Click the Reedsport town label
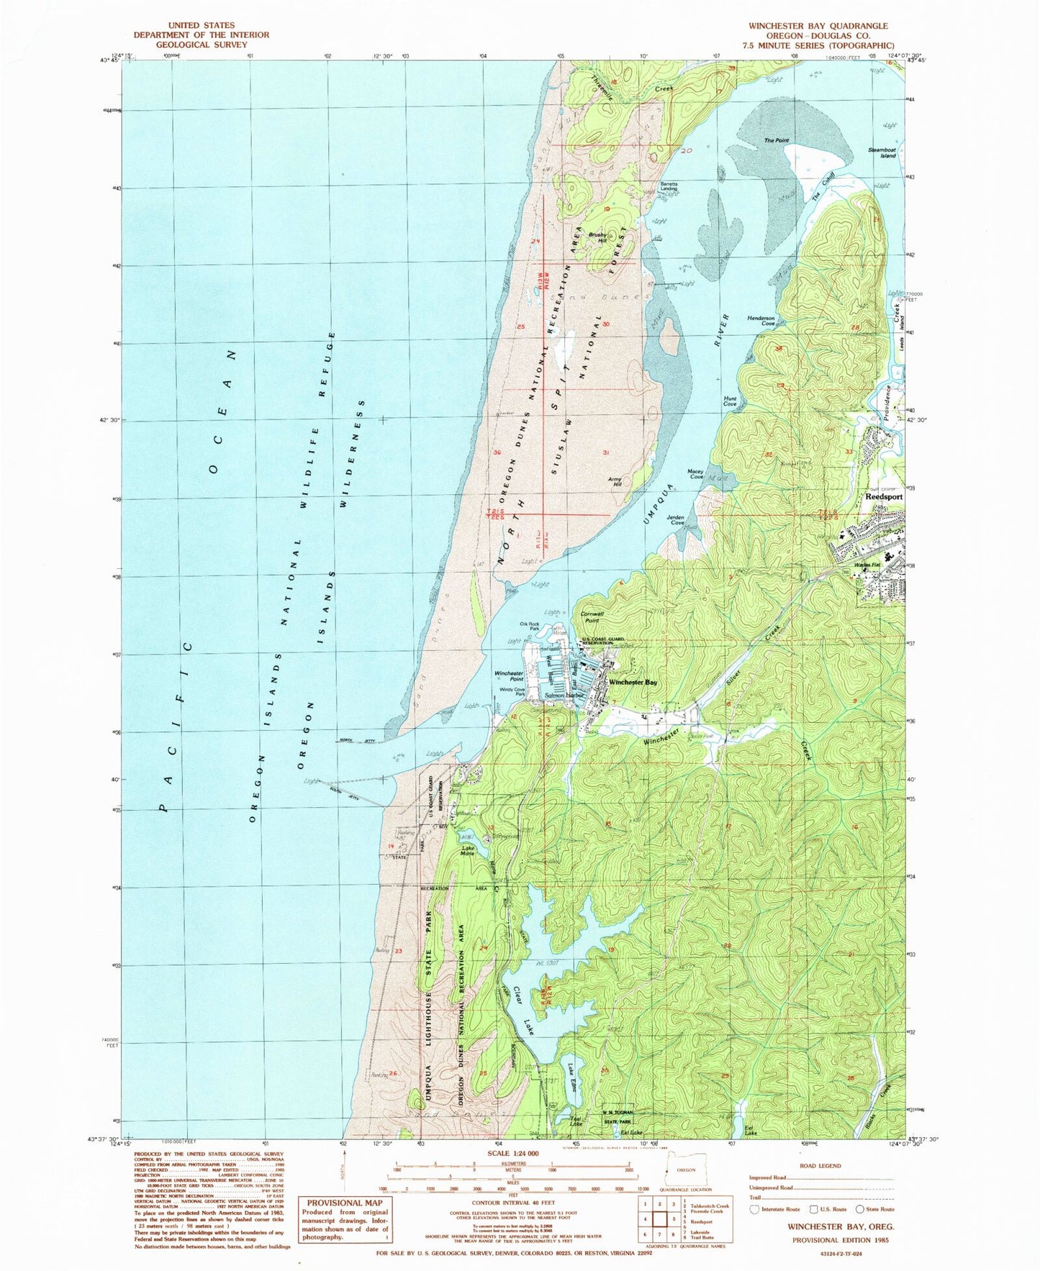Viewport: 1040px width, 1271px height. tap(883, 497)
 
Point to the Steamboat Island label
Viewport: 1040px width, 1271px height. tap(882, 152)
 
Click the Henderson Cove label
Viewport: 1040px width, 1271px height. tap(761, 321)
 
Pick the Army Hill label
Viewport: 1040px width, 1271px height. tap(615, 482)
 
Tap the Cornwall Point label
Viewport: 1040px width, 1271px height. tap(592, 617)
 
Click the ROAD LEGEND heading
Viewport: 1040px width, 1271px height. tap(820, 1167)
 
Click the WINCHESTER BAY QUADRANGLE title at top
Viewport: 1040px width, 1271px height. tap(818, 26)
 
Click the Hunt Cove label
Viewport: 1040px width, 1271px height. tap(730, 401)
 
